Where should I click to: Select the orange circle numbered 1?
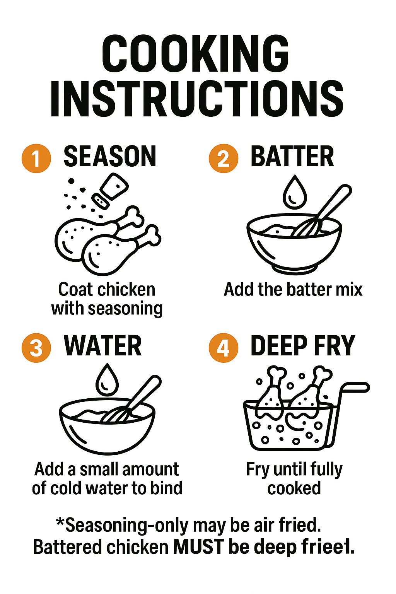pyautogui.click(x=36, y=158)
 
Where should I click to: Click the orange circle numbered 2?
pyautogui.click(x=224, y=158)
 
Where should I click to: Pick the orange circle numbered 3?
pyautogui.click(x=36, y=348)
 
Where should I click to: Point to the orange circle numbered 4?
pyautogui.click(x=224, y=348)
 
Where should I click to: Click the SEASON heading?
pyautogui.click(x=110, y=157)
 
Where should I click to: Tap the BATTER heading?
pyautogui.click(x=292, y=157)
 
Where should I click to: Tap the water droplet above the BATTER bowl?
pyautogui.click(x=295, y=191)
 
